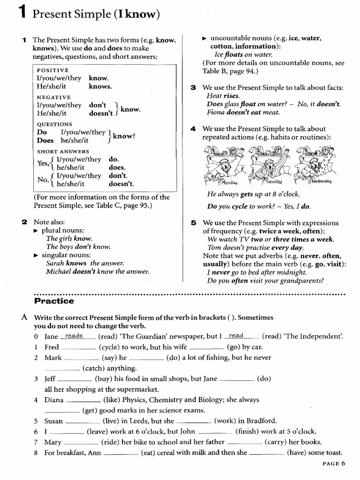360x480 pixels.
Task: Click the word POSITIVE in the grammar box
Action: (52, 70)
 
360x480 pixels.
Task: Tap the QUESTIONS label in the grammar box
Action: (54, 124)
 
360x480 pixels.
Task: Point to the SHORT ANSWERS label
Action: (63, 151)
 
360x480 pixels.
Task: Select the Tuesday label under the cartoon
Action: (273, 182)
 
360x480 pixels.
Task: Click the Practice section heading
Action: (53, 301)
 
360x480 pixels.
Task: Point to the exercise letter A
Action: (24, 317)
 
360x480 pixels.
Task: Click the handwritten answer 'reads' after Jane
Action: (74, 336)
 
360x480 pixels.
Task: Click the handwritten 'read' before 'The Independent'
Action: (236, 336)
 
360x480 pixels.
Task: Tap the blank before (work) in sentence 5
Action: (194, 421)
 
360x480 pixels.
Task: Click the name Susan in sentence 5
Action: (54, 421)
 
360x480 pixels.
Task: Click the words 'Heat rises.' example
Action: (223, 96)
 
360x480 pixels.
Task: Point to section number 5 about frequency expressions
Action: (193, 223)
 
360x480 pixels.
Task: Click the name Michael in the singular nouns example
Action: (59, 271)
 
